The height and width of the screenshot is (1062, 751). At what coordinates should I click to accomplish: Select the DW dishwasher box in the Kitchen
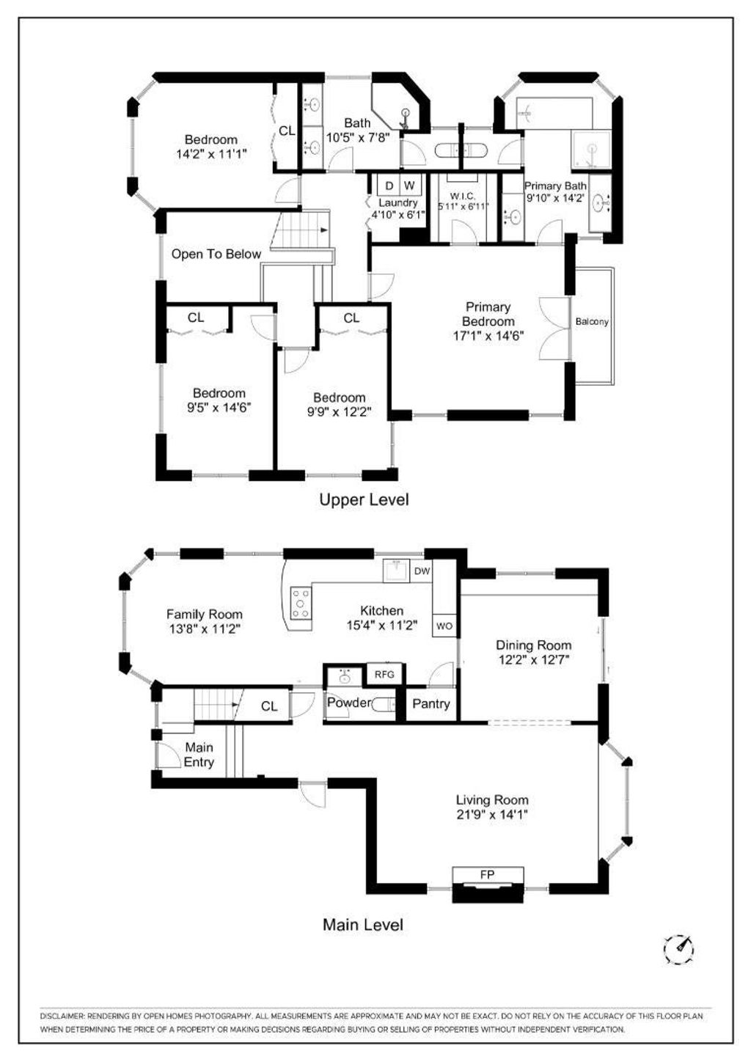click(422, 571)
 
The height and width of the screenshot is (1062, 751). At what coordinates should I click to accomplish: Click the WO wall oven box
click(444, 626)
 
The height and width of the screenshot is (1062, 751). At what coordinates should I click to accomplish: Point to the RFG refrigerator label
click(384, 674)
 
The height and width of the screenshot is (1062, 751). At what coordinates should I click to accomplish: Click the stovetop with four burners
click(301, 603)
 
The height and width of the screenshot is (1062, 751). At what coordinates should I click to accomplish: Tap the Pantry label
click(431, 703)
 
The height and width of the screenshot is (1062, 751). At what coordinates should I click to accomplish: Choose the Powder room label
click(349, 702)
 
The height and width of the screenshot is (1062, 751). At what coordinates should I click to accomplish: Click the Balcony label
click(592, 321)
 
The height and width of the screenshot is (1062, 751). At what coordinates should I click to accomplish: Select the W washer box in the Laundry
click(409, 185)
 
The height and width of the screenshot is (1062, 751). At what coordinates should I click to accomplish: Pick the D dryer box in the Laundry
click(389, 185)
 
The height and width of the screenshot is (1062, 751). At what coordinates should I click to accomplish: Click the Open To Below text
click(216, 254)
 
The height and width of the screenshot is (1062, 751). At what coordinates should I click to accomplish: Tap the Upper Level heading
click(364, 499)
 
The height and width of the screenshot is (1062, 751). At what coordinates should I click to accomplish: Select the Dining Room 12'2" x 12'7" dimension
click(533, 659)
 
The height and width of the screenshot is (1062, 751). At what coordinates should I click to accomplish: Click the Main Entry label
click(199, 754)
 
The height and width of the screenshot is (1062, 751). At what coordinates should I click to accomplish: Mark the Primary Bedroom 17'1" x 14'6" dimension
click(488, 336)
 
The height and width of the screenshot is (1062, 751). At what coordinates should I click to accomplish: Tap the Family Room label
click(205, 615)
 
